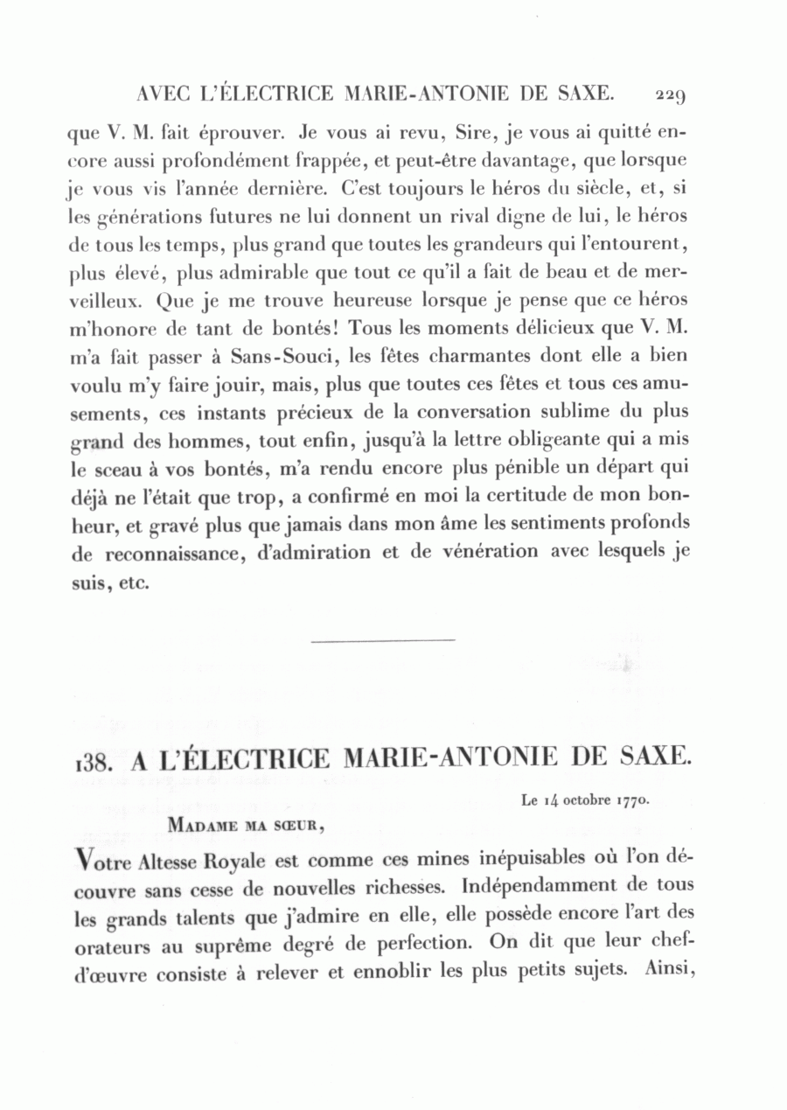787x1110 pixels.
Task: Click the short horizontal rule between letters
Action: [x=383, y=640]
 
